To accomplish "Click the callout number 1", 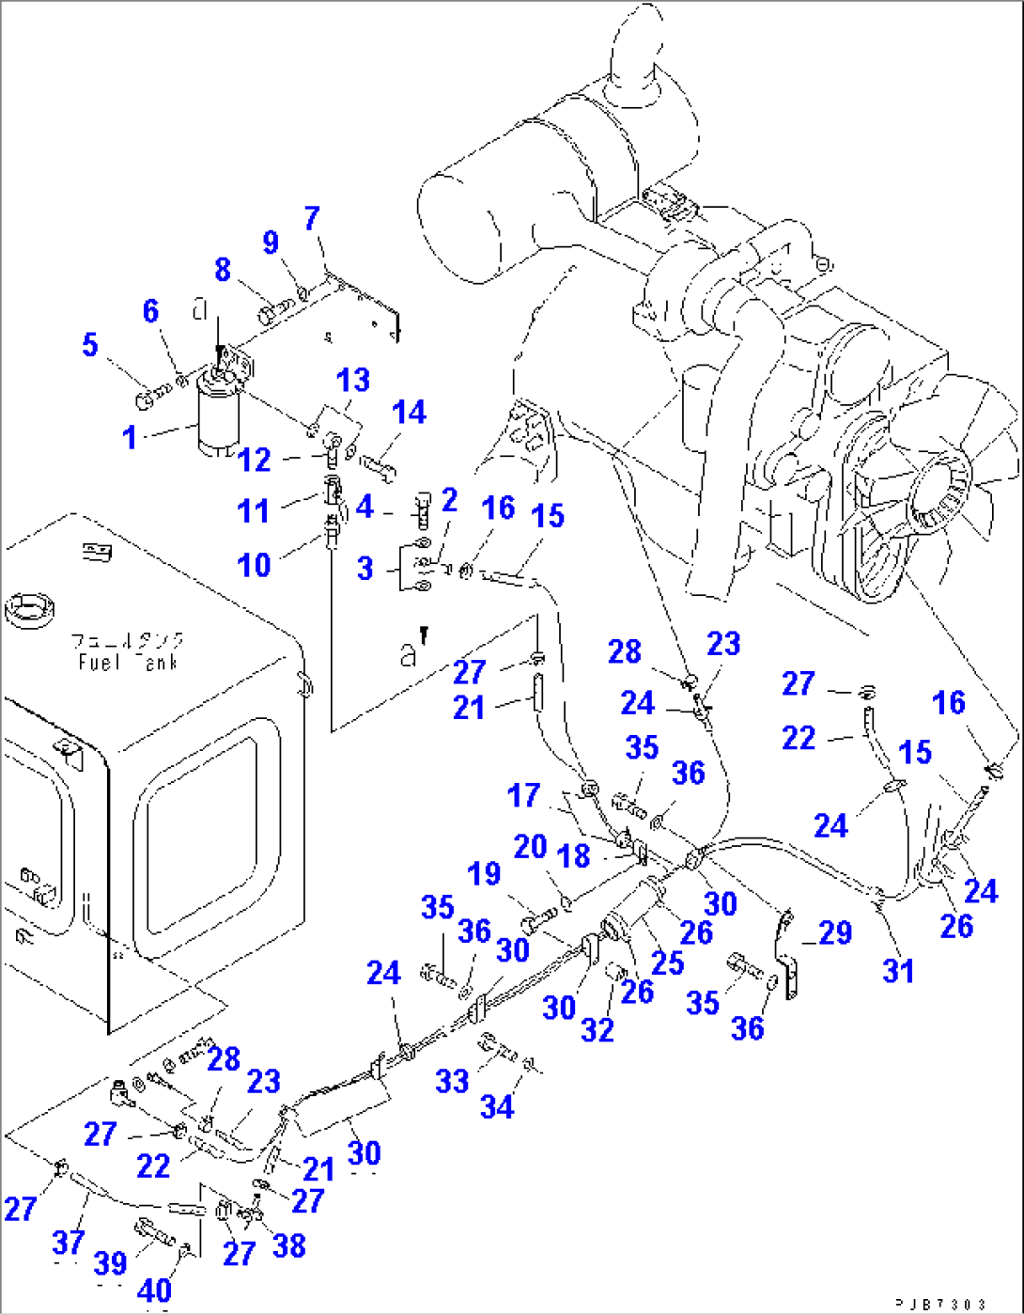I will (x=130, y=437).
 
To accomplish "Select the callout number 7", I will (x=312, y=219).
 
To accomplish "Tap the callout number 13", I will (x=353, y=381).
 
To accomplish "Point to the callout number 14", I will (x=409, y=413).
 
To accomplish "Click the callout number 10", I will (x=255, y=565).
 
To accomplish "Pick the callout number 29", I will (x=835, y=933).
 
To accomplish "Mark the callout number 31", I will (x=898, y=971).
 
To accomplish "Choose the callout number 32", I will (x=597, y=1029).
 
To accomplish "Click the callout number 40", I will (x=155, y=1291).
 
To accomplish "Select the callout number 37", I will (x=69, y=1242).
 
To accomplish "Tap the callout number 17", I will (x=523, y=796).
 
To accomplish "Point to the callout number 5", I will (x=90, y=344).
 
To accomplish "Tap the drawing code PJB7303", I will (x=939, y=1304).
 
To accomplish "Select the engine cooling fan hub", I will (x=940, y=489).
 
